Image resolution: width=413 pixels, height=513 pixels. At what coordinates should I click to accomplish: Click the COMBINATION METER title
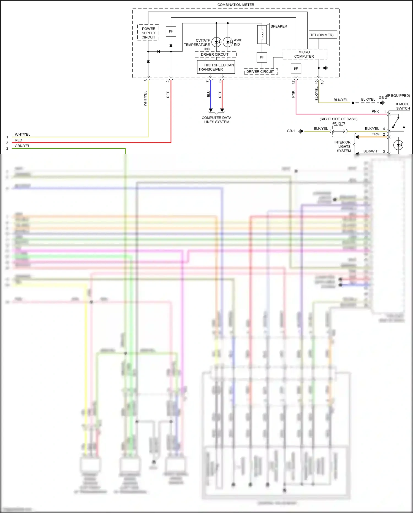tap(236, 5)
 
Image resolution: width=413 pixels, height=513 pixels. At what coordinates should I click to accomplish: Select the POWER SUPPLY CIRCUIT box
tap(148, 33)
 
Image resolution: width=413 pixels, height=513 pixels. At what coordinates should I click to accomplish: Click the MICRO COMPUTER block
tap(305, 54)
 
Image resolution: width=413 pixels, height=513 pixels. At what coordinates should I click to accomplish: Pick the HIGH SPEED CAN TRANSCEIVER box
tap(216, 67)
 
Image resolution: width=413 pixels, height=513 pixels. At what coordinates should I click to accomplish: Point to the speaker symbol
tap(263, 34)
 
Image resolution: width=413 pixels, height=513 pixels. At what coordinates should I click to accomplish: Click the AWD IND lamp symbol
tap(228, 42)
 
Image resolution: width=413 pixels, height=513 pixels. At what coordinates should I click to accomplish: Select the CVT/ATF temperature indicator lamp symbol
tap(216, 42)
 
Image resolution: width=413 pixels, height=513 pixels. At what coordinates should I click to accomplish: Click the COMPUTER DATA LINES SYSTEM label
tap(216, 120)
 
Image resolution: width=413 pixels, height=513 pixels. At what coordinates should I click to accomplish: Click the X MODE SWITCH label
tap(403, 106)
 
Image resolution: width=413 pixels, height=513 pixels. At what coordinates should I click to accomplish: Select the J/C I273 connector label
tap(338, 123)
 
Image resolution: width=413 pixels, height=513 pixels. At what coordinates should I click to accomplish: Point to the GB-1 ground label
tap(291, 131)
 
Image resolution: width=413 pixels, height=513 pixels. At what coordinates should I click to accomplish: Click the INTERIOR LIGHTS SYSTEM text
tap(343, 146)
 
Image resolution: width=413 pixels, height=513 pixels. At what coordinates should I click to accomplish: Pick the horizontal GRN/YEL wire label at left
tap(22, 146)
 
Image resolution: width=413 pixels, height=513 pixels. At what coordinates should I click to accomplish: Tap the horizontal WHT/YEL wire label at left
tap(23, 135)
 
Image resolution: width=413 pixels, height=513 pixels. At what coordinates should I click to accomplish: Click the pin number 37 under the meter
tap(294, 82)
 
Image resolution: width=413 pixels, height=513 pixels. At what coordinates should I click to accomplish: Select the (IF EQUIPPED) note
tap(398, 96)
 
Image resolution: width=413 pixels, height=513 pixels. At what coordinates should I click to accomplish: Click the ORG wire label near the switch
tap(375, 134)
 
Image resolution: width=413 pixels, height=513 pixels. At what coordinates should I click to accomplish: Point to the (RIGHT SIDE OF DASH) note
tap(338, 119)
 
